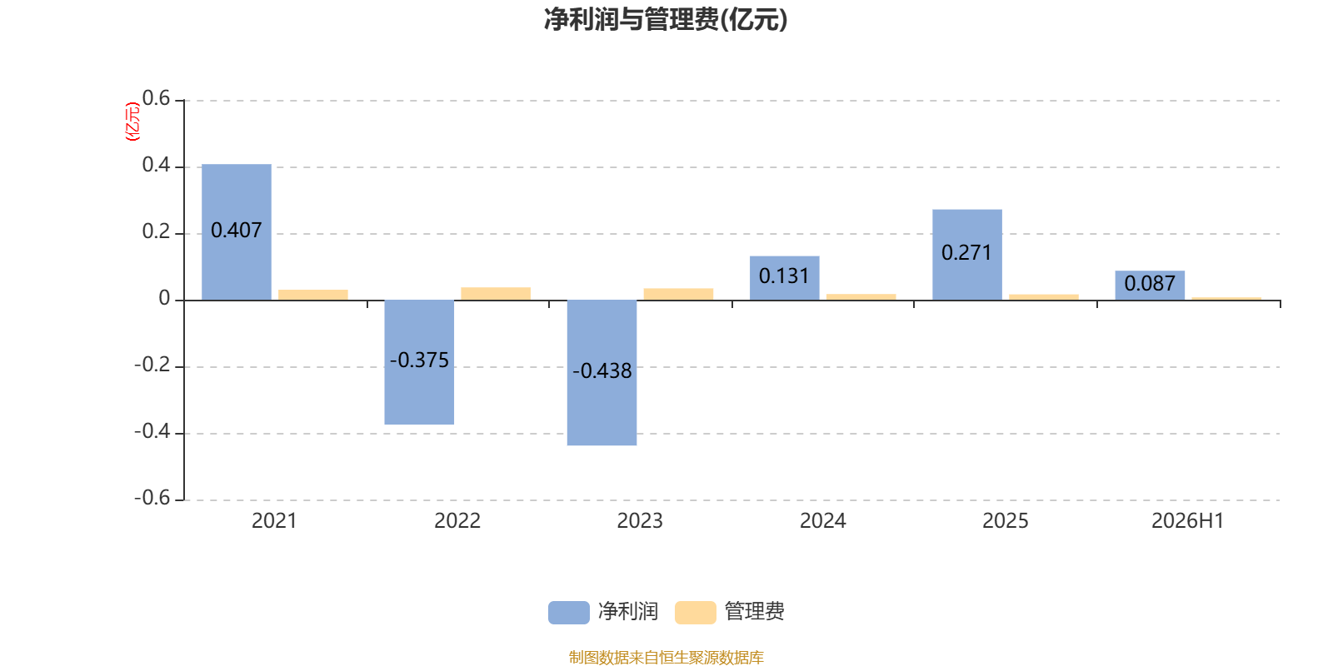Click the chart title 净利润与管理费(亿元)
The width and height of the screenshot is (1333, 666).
[666, 19]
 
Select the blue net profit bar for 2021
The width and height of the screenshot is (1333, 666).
[237, 232]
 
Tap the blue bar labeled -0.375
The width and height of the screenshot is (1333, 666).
[419, 362]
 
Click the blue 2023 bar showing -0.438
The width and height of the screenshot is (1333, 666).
[602, 373]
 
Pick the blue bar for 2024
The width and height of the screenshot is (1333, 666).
[784, 278]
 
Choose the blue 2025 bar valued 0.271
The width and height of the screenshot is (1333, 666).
[967, 255]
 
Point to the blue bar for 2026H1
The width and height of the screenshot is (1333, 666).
[1150, 286]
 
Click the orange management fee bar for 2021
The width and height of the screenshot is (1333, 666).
[313, 295]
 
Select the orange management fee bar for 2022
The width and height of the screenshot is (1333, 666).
[496, 294]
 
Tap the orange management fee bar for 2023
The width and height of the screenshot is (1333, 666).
[678, 295]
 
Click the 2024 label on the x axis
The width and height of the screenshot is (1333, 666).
[822, 521]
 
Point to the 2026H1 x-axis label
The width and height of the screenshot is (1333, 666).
[1188, 521]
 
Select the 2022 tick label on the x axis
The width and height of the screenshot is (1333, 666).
[457, 521]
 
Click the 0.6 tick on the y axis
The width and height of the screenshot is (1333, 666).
[156, 98]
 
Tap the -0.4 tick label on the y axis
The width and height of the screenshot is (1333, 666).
[152, 431]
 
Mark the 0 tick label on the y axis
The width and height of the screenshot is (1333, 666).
[164, 298]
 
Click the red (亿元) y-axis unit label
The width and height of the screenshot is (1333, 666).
[132, 122]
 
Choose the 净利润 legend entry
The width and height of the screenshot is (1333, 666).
[603, 612]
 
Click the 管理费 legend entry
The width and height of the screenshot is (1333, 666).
[730, 612]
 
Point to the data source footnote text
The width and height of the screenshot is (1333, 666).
[666, 657]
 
